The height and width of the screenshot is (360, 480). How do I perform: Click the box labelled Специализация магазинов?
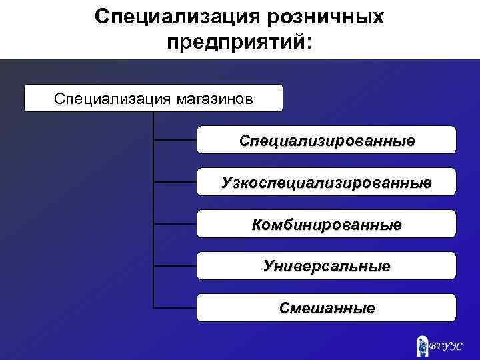[153, 98]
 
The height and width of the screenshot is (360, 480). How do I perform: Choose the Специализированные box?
[327, 141]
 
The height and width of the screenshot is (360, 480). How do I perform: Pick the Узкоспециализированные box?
[327, 182]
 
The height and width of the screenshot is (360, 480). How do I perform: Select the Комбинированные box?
[327, 224]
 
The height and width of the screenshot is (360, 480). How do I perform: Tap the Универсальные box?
[327, 266]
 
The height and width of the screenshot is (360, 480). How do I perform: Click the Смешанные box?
[327, 308]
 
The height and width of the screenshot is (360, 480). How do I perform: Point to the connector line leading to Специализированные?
[175, 141]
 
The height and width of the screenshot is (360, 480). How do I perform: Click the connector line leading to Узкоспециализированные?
[175, 182]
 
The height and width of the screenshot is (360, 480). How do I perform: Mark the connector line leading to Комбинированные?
[175, 224]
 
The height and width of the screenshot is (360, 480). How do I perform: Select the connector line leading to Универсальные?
[175, 266]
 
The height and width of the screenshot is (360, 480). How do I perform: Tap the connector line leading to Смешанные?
[175, 308]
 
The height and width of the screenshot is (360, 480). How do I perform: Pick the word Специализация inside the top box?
[113, 99]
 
